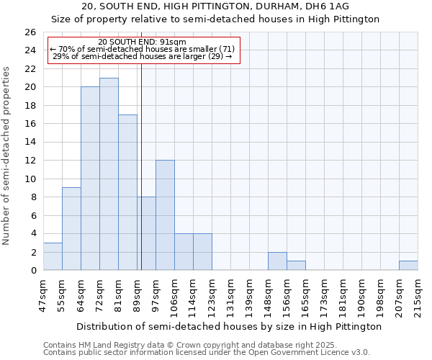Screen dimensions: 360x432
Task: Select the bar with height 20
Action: pos(90,179)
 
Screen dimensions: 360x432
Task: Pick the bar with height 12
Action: pos(165,215)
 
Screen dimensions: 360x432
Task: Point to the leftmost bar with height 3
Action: pos(53,256)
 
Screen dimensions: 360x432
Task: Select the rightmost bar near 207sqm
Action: pos(408,266)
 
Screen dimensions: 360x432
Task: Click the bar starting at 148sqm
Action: pos(277,261)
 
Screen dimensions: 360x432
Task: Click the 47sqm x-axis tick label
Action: pos(44,295)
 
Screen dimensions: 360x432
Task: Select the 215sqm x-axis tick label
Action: pos(418,295)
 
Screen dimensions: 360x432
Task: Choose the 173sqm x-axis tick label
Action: pos(325,295)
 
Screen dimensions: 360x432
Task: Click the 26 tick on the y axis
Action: pos(30,32)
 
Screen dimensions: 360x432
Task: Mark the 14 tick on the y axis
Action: pos(30,143)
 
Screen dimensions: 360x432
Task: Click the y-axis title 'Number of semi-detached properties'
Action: pos(7,156)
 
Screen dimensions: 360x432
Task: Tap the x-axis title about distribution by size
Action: pos(228,326)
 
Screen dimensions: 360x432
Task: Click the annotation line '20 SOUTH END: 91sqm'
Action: pos(142,42)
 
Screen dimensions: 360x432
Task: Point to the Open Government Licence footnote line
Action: pos(207,353)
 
